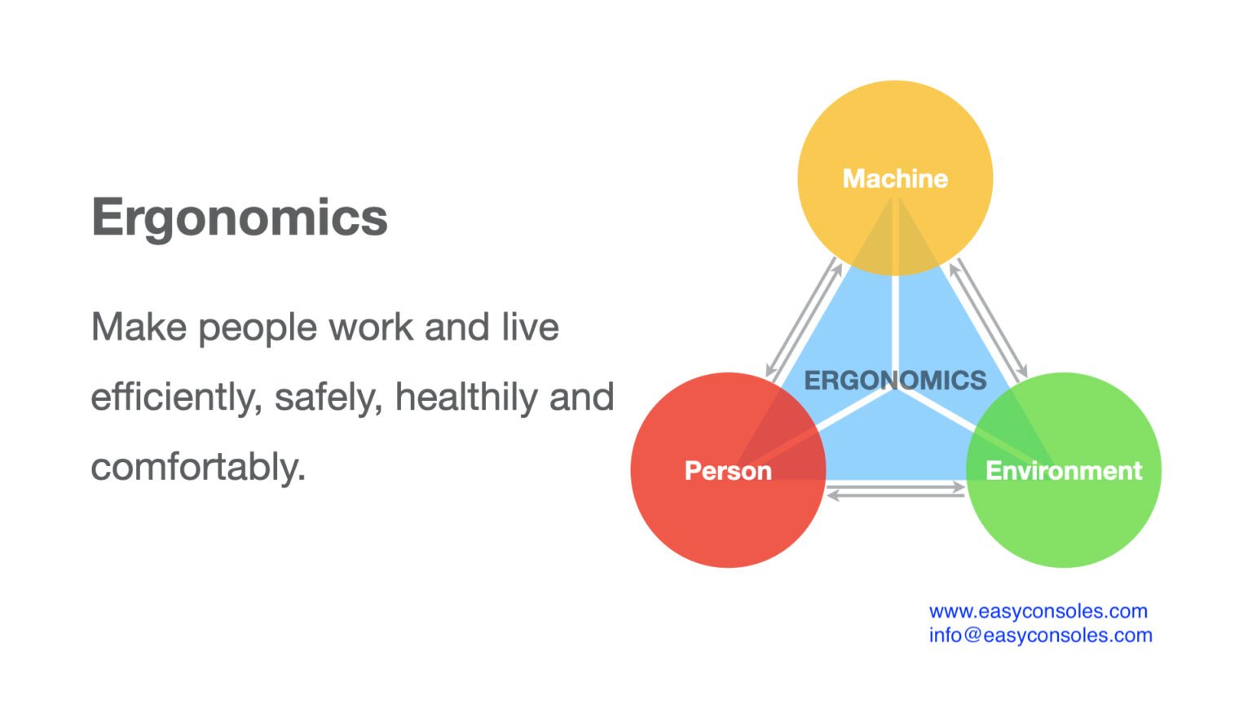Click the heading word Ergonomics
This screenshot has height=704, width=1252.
240,218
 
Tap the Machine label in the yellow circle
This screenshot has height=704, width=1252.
895,178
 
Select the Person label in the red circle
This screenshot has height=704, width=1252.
728,471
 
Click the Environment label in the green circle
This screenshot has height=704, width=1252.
1064,471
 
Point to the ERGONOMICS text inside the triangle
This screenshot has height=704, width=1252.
895,381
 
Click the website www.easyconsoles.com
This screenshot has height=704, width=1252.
1038,611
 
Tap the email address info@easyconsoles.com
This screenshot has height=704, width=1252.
1040,636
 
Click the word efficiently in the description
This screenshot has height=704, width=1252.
176,398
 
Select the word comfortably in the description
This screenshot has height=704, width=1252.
198,468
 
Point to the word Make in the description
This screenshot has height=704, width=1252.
139,328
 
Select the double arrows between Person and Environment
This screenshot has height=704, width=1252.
896,491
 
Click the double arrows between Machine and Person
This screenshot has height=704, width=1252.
804,319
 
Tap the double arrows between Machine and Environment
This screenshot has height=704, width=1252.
989,319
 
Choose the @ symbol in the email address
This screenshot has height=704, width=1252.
972,636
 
